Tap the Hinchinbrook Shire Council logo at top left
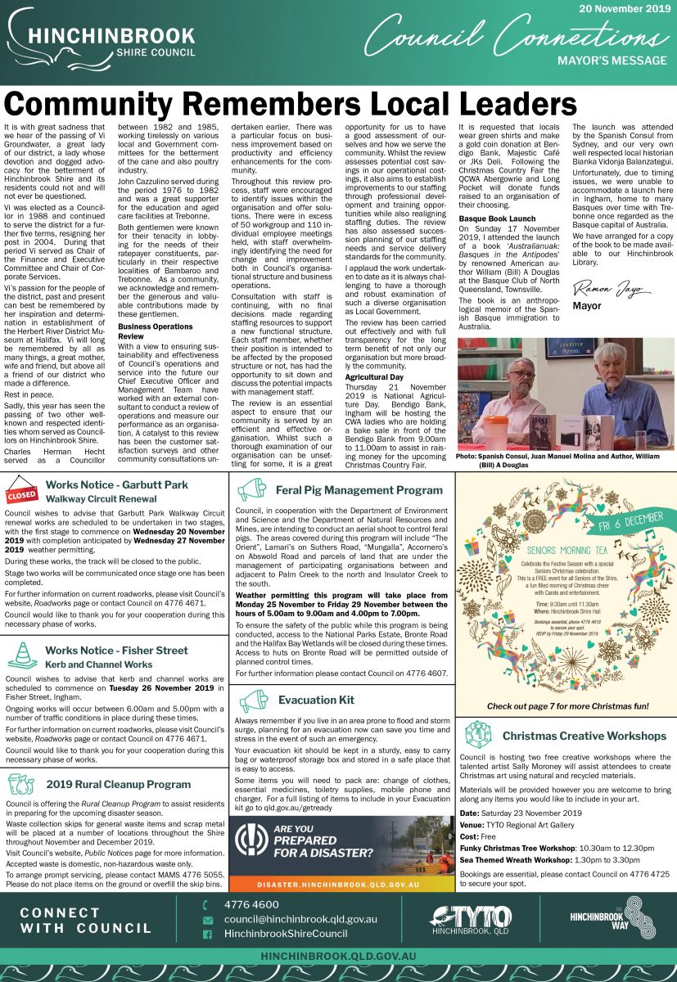click(100, 42)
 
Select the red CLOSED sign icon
click(21, 494)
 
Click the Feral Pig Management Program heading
click(359, 490)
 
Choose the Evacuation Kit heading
click(316, 700)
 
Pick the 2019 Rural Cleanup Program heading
click(119, 784)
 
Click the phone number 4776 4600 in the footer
click(251, 904)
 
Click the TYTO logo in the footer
click(471, 919)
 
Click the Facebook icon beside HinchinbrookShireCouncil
click(208, 934)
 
